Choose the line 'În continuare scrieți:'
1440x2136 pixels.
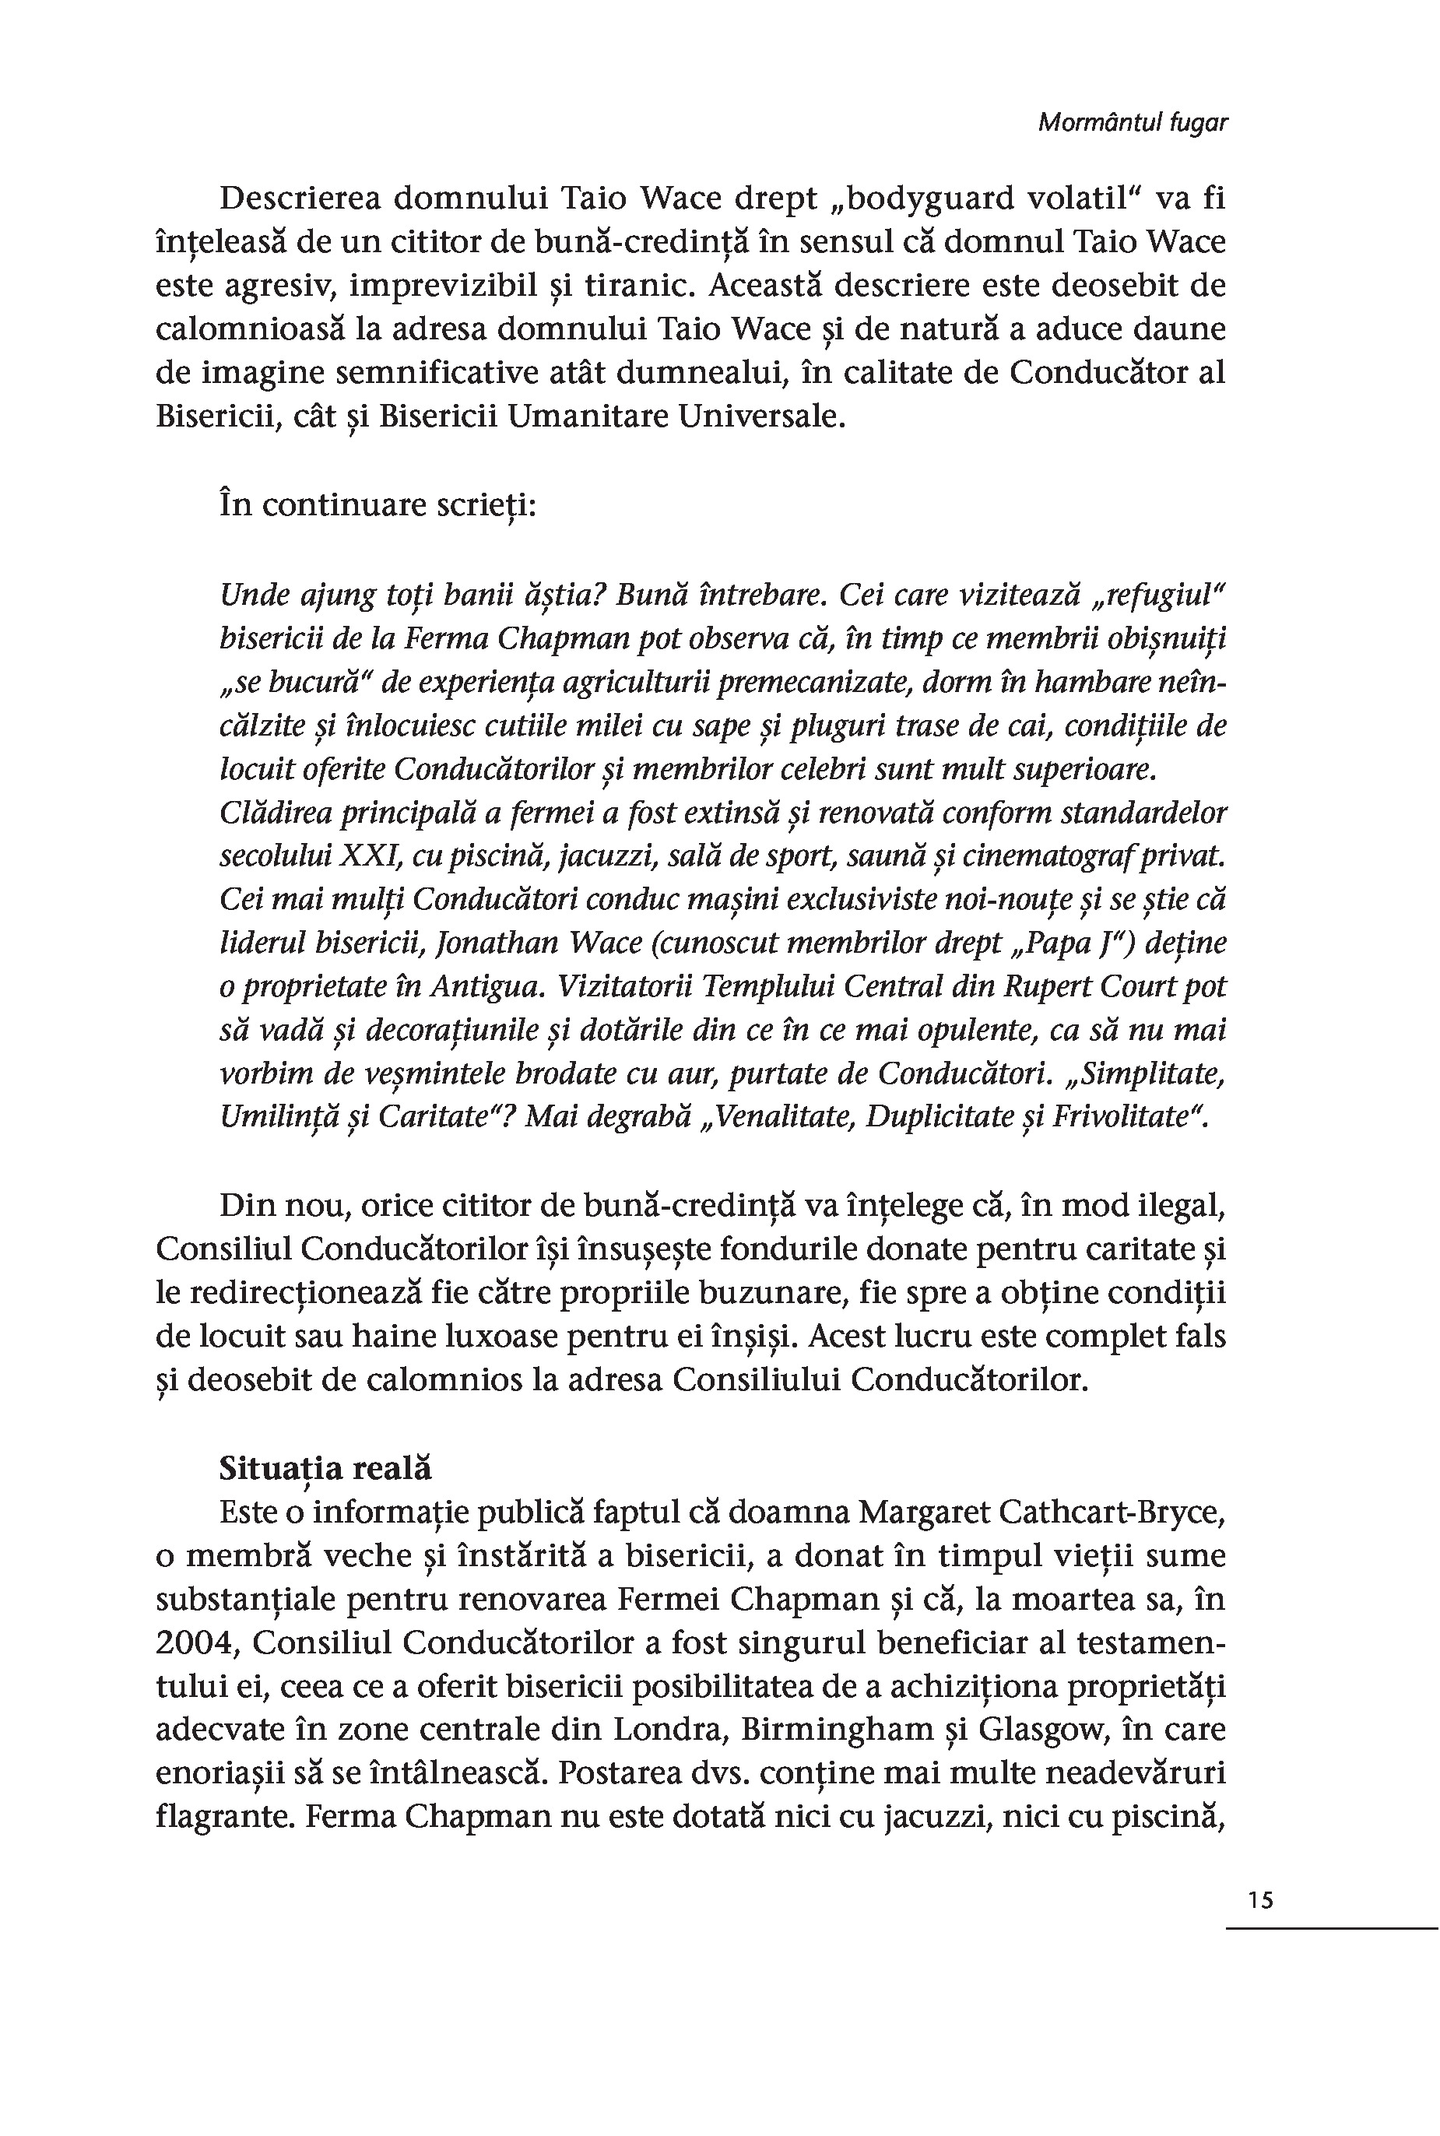click(x=378, y=505)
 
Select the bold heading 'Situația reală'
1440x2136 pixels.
click(x=325, y=1468)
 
